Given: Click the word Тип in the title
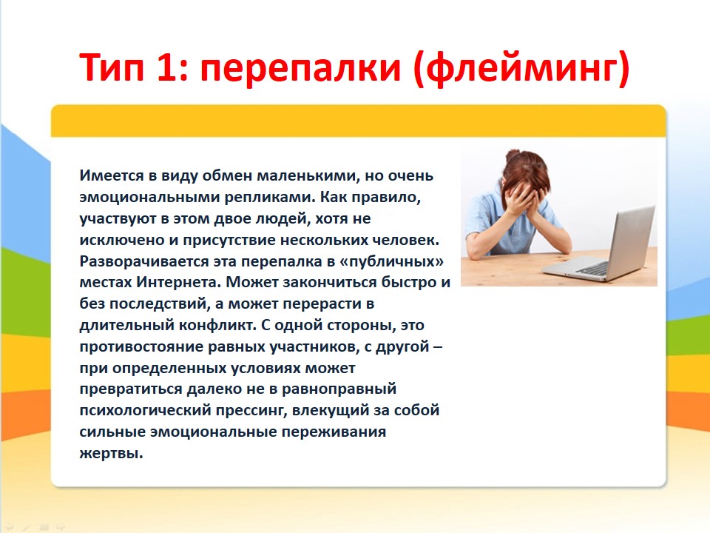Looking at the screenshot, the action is click(x=112, y=67).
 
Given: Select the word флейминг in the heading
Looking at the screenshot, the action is click(x=521, y=69).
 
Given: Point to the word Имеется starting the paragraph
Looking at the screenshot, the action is click(x=112, y=175).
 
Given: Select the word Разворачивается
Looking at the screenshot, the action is click(x=144, y=261).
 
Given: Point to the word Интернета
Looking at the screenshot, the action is click(x=179, y=282).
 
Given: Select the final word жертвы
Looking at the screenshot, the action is click(x=111, y=453).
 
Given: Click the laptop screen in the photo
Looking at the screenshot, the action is click(x=631, y=240).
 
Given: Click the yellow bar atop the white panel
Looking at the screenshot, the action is click(x=358, y=121).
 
